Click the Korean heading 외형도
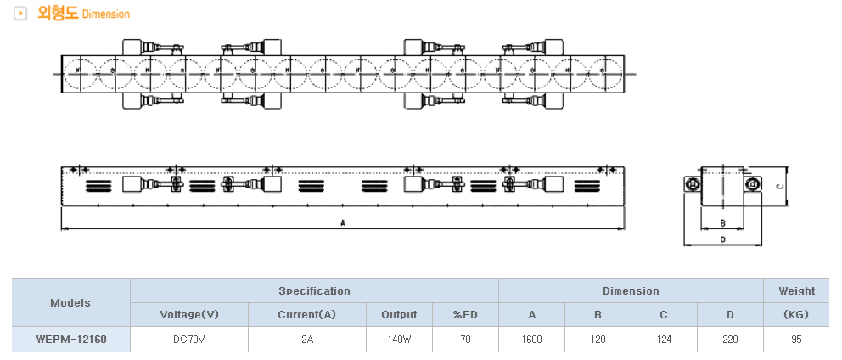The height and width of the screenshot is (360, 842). click(57, 13)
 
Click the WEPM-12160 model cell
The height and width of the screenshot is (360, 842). click(70, 339)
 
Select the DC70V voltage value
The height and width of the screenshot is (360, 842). click(188, 339)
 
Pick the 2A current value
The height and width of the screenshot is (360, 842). click(306, 339)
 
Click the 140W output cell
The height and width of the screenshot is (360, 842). click(398, 339)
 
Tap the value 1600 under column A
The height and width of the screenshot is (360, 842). click(531, 339)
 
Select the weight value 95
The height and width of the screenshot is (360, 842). click(796, 339)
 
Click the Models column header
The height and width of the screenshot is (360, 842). click(70, 302)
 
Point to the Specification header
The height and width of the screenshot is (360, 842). click(314, 290)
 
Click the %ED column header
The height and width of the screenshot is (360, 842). click(465, 314)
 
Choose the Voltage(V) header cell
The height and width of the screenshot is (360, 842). click(188, 314)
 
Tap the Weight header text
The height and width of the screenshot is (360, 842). click(796, 290)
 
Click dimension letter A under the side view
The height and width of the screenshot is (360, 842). click(343, 223)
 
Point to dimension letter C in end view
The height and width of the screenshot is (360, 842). click(779, 188)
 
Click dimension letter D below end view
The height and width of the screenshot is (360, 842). click(722, 240)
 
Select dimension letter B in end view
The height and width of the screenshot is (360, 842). click(721, 223)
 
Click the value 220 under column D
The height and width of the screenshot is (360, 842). click(730, 339)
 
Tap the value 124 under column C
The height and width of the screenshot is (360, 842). click(664, 339)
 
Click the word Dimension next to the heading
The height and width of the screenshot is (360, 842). click(106, 14)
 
